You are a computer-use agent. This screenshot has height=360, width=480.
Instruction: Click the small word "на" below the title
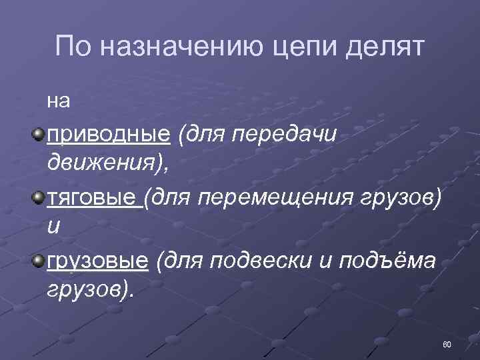tap(58, 101)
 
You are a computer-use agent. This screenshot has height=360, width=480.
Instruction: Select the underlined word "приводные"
tap(108, 136)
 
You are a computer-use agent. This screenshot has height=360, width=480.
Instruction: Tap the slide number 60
tap(447, 344)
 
